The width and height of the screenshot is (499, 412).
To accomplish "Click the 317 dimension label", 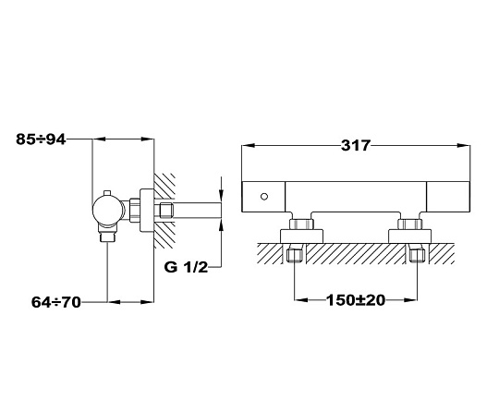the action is tap(356, 145).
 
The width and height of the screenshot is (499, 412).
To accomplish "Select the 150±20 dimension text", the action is tap(356, 300).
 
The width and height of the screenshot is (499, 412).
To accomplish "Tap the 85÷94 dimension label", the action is tap(41, 139).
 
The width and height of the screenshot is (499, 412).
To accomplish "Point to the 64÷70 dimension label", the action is tap(56, 302).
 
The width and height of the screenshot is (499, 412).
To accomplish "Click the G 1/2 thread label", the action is tap(186, 267).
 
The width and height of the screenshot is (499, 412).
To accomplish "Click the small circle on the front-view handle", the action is tap(264, 197).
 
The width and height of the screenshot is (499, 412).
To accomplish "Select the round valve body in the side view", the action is tap(109, 210).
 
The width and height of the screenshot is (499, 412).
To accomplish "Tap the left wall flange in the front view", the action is tap(301, 236).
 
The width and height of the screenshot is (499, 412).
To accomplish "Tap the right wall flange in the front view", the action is tap(410, 236).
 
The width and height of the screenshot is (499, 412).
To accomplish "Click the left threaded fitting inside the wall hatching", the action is tap(294, 255).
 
